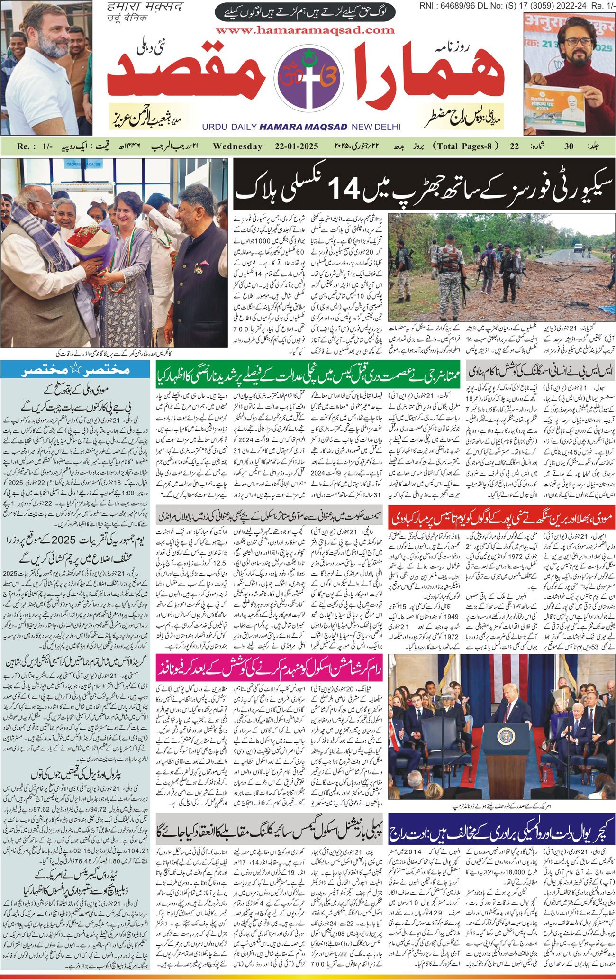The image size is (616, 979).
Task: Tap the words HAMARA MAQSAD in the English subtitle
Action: pyautogui.click(x=303, y=127)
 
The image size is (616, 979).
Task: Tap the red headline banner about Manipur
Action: pyautogui.click(x=501, y=518)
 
